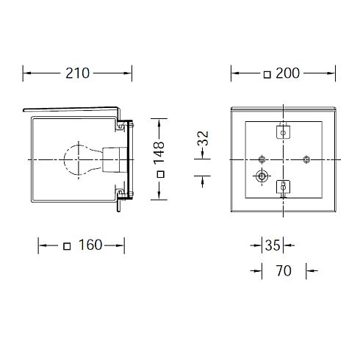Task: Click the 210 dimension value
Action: tap(77, 73)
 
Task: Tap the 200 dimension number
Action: tap(287, 73)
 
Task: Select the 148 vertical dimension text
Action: tap(159, 153)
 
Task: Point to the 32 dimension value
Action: tap(203, 138)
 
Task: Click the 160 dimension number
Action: tap(90, 245)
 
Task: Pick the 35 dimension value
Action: tap(273, 245)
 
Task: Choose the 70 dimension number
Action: tap(284, 271)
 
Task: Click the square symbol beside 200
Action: tap(267, 75)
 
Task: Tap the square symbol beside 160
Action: tap(67, 246)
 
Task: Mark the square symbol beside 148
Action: tap(161, 174)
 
